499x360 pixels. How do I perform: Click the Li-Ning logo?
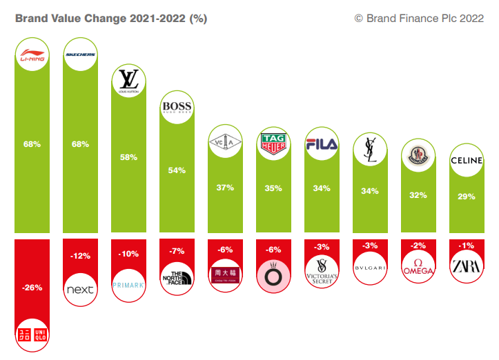tap(32, 57)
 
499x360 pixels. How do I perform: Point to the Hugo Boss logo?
tap(177, 108)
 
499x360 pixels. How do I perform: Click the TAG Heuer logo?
tap(273, 143)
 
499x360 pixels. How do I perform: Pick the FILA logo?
tap(322, 144)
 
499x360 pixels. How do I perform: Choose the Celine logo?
tap(467, 161)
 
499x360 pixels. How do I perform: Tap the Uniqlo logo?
tap(32, 335)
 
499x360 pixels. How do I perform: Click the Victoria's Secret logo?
tap(322, 270)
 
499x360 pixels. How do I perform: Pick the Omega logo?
tap(418, 267)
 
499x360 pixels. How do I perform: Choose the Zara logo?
tap(467, 266)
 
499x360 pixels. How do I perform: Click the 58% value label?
tap(129, 157)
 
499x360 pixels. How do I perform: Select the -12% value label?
tap(81, 257)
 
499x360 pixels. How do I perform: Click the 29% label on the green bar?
tap(467, 197)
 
